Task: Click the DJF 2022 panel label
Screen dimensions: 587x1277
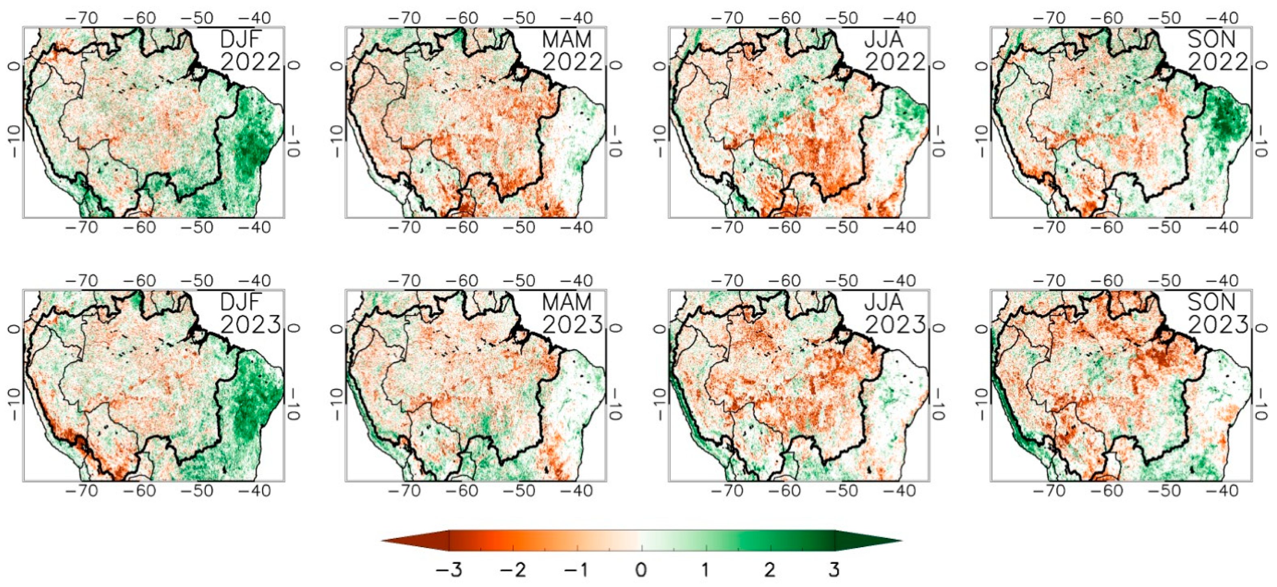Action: [x=250, y=51]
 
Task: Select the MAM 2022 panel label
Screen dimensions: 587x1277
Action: [x=572, y=51]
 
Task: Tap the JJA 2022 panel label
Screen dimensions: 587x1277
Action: [x=895, y=51]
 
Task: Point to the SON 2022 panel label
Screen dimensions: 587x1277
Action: [x=1217, y=51]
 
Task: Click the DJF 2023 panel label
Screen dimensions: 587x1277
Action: [x=250, y=313]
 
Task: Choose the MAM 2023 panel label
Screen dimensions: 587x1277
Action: [x=572, y=313]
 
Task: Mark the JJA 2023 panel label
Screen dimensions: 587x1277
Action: [x=895, y=313]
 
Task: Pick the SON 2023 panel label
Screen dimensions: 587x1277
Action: [x=1217, y=313]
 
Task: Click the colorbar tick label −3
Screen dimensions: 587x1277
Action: [x=449, y=570]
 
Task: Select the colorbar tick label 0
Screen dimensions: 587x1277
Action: [x=641, y=570]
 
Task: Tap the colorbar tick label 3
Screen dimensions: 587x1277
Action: [x=834, y=570]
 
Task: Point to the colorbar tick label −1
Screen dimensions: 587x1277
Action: [x=577, y=570]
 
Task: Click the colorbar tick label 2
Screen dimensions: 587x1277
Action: [x=770, y=570]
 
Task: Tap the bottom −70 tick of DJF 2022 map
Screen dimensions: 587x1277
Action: [x=83, y=228]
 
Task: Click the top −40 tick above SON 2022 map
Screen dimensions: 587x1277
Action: [x=1223, y=18]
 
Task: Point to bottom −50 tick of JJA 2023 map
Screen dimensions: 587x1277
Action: [x=842, y=490]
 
